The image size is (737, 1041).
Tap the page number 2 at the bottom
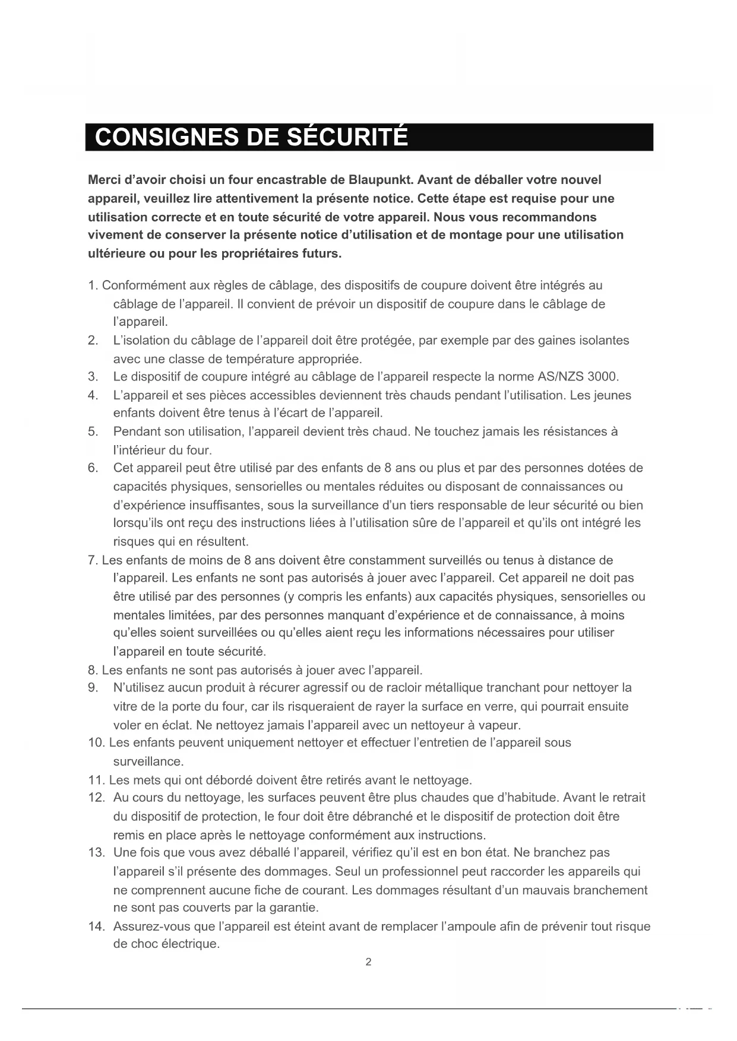[x=368, y=962]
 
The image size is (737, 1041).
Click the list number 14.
[x=96, y=926]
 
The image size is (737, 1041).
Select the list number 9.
[x=92, y=688]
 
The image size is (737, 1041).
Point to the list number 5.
[x=92, y=431]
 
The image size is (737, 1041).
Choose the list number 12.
[x=96, y=798]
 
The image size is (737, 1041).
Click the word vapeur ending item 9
[x=501, y=725]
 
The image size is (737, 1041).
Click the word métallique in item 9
[x=456, y=688]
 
